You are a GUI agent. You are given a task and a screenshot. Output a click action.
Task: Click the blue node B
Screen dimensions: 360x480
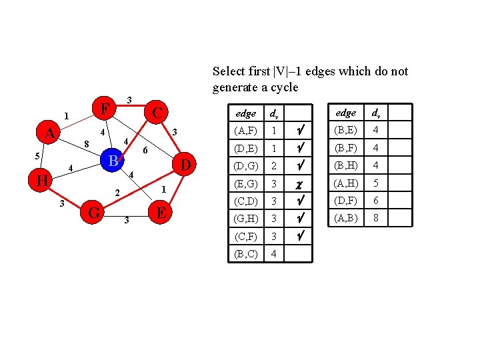pos(113,161)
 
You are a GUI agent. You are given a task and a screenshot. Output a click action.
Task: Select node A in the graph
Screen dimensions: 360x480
pos(49,133)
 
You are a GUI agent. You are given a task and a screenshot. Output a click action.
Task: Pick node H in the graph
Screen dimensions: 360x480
pos(41,180)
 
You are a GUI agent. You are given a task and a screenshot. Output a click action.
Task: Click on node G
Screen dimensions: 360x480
pos(94,213)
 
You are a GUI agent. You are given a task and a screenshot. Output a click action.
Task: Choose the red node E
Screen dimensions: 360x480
pos(160,213)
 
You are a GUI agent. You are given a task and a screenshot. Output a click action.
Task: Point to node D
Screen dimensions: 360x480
pos(186,164)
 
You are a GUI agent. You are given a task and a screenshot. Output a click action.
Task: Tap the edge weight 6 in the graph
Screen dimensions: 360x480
pos(146,151)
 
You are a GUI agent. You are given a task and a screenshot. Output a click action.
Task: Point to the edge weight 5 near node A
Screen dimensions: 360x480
pos(37,156)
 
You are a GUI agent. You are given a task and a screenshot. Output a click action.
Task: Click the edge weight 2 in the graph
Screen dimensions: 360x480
pos(117,193)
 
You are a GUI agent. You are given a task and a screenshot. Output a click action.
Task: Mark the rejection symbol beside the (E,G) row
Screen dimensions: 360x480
pos(299,182)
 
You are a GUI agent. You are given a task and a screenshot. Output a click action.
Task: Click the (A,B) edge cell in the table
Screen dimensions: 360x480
pos(345,217)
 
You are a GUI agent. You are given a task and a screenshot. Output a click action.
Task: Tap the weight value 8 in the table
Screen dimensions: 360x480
pos(377,217)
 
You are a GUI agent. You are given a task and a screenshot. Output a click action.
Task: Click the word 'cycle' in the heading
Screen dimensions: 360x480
pos(282,87)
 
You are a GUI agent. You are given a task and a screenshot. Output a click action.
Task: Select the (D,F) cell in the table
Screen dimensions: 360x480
pos(345,200)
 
